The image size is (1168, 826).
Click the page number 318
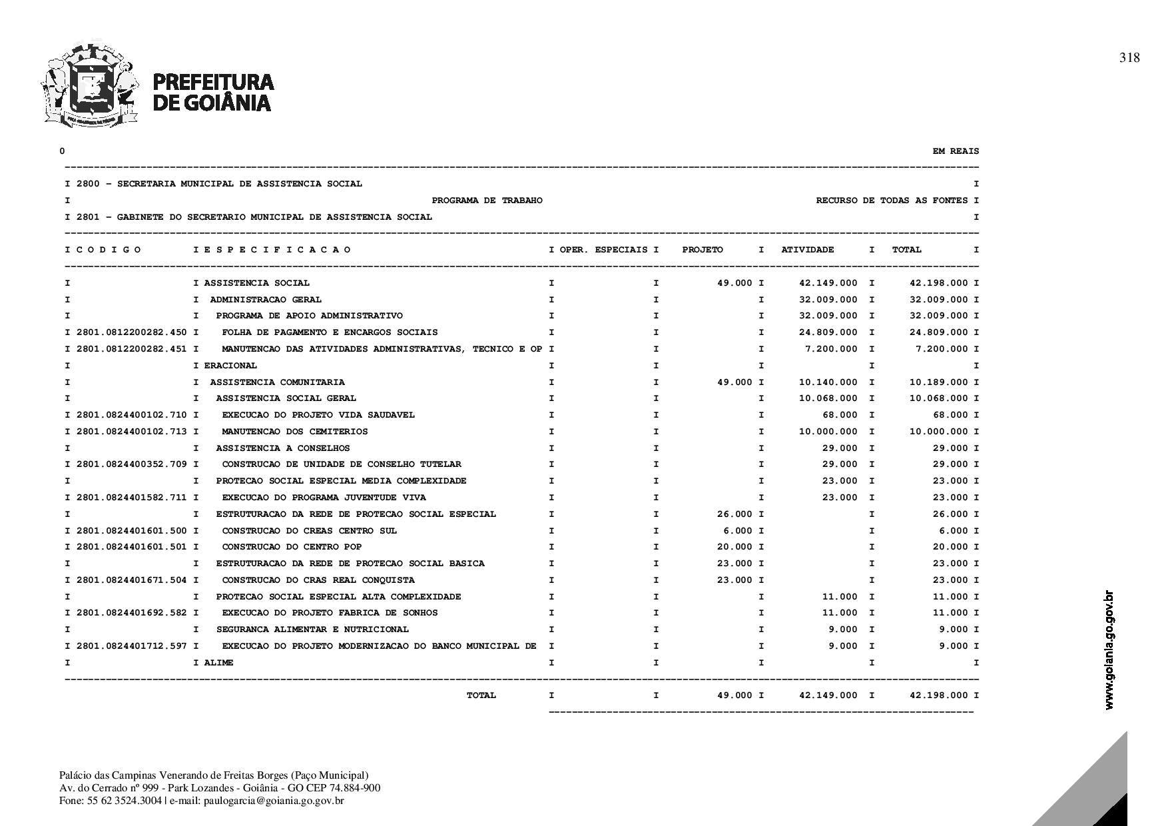tap(1129, 58)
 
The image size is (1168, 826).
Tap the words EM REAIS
tap(956, 151)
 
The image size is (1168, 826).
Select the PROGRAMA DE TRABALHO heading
tap(487, 201)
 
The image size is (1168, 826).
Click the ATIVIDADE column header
tap(807, 250)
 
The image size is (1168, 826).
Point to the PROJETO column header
tap(702, 250)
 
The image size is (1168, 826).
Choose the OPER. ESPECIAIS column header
tap(603, 250)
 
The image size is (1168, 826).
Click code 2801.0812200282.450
tap(132, 332)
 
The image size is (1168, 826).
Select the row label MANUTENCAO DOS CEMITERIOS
tap(294, 432)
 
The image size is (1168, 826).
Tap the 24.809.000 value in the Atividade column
tap(828, 332)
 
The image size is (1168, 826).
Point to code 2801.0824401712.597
tap(132, 646)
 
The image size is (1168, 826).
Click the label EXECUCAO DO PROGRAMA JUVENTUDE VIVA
tap(324, 498)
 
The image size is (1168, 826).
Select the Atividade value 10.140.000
tap(828, 382)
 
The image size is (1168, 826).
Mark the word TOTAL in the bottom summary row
tap(481, 695)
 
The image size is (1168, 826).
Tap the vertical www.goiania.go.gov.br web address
tap(1109, 649)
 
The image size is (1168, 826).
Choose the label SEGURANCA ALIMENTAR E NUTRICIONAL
tap(312, 629)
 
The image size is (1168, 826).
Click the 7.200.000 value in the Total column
tap(942, 349)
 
